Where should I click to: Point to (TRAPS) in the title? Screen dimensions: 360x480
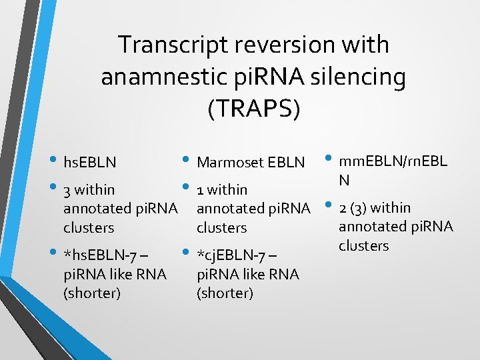(253, 109)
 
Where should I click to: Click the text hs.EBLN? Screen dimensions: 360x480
(89, 162)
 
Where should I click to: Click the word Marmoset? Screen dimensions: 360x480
(229, 162)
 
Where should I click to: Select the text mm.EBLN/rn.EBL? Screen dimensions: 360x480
(393, 161)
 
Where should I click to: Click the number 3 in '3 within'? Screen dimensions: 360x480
(67, 191)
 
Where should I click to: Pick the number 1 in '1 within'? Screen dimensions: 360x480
(201, 191)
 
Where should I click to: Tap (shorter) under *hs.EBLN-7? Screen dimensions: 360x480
(92, 293)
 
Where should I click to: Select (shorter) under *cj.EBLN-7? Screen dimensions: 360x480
(225, 293)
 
